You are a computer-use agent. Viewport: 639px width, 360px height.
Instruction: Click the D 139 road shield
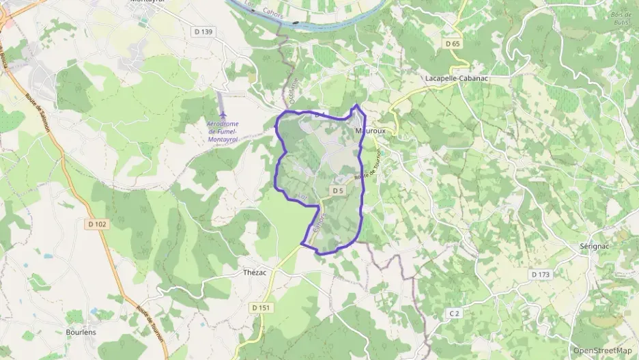203,31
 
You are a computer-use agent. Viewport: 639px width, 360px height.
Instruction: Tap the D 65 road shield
453,44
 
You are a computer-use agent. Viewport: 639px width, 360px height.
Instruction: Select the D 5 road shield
338,191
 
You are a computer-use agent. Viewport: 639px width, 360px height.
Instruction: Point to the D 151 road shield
261,308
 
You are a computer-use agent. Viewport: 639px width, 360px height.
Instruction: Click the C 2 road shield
455,313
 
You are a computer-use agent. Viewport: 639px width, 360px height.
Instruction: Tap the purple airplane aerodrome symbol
223,114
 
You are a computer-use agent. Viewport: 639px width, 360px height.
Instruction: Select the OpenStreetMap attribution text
602,350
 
